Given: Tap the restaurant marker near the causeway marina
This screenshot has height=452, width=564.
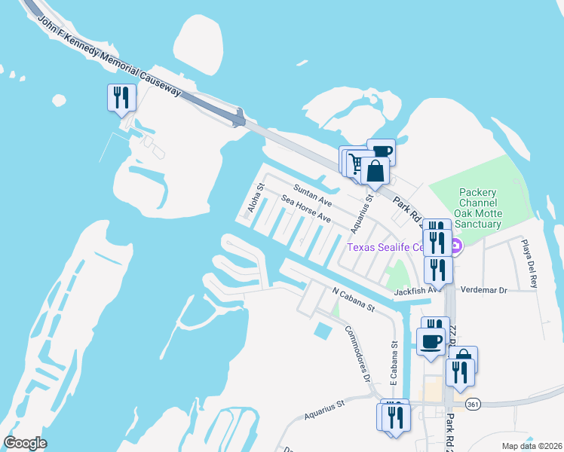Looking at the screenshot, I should (121, 98).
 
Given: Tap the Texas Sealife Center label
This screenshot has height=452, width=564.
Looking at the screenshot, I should (393, 246).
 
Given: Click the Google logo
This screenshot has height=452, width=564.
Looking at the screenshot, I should (25, 443).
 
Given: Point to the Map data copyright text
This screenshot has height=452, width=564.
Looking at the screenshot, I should (530, 446).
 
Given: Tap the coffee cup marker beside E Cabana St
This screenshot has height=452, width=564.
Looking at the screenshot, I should (432, 342).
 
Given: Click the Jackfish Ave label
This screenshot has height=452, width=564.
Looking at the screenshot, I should (411, 290).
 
